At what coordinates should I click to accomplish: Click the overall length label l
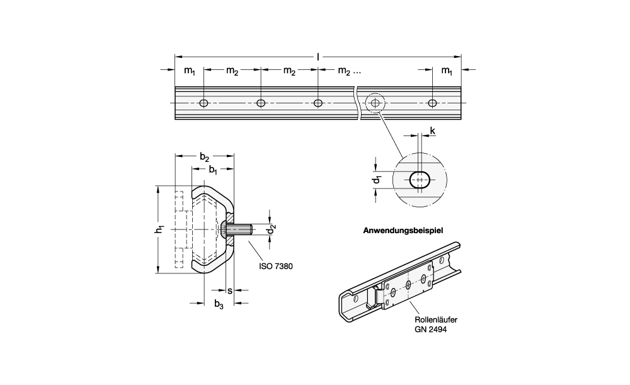coord(318,57)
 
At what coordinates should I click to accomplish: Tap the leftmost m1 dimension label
coord(190,72)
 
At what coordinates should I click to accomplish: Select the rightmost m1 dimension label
coord(446,72)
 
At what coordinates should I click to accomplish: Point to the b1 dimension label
coord(213,170)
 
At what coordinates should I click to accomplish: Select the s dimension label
coord(229,291)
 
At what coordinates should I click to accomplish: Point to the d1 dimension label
coord(377,180)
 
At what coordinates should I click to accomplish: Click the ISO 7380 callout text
coord(275,266)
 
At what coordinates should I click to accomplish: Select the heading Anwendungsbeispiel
coord(403,231)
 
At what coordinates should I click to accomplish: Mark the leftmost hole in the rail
coord(203,103)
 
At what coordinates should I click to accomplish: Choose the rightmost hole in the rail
coord(432,103)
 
